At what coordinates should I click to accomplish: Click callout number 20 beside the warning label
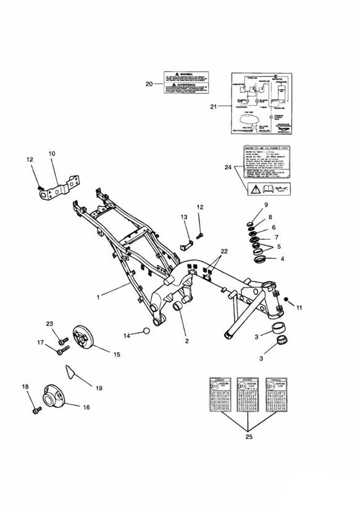tap(148, 84)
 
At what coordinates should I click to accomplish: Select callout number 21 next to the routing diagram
tap(214, 106)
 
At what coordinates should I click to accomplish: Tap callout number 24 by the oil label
tap(227, 166)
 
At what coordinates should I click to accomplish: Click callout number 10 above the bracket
tap(51, 153)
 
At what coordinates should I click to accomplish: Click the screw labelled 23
tap(61, 340)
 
